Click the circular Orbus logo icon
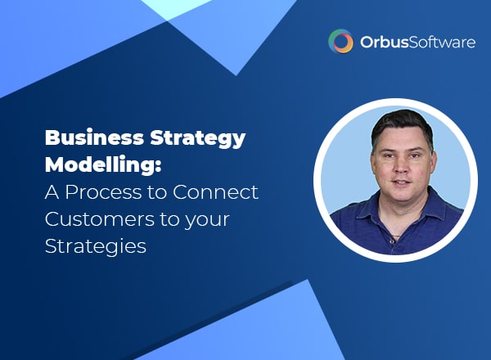(340, 41)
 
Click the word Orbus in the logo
(384, 42)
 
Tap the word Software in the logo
(442, 42)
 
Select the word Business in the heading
(94, 137)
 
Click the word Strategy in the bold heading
(198, 138)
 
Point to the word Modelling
(100, 164)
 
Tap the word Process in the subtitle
(103, 192)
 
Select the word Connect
(215, 192)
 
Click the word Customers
(100, 219)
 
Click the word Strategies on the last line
(96, 246)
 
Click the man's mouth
(401, 182)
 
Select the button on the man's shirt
(392, 241)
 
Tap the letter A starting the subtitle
(52, 192)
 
